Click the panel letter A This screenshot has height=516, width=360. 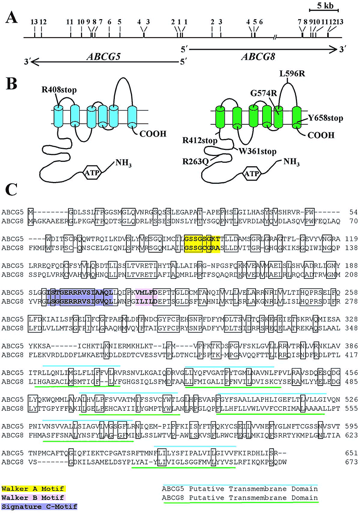[12, 17]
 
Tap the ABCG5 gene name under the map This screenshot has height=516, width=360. [104, 57]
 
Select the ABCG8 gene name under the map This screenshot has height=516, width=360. [258, 57]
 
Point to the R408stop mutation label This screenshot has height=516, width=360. [59, 90]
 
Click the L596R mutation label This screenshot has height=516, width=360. [292, 74]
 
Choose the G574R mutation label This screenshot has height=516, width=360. [264, 93]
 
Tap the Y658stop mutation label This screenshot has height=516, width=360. [325, 118]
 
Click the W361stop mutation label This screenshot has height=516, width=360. [257, 151]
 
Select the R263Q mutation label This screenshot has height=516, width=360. [195, 161]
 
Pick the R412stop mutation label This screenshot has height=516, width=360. [200, 140]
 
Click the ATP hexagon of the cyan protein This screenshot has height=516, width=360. [92, 173]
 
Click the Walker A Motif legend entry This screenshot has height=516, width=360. [33, 489]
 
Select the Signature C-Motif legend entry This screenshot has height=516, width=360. [39, 507]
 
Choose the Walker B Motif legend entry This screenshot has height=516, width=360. [33, 498]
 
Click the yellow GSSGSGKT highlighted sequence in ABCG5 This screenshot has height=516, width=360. [202, 239]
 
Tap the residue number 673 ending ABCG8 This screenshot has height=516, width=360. [351, 462]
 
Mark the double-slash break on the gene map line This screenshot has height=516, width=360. [275, 37]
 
